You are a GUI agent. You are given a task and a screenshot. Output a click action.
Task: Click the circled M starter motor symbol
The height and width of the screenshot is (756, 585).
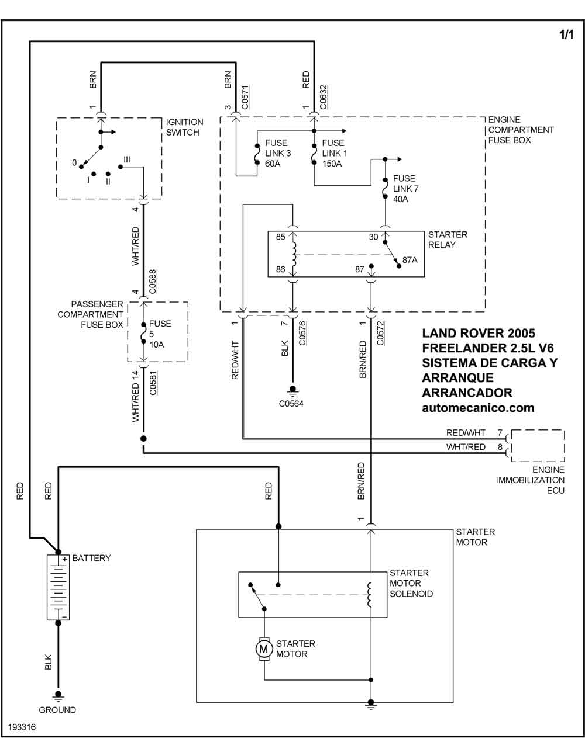coord(264,649)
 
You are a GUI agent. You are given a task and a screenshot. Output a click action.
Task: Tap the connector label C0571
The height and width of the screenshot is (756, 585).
coord(245,97)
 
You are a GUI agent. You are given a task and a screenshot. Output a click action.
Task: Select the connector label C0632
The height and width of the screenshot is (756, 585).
coord(323,97)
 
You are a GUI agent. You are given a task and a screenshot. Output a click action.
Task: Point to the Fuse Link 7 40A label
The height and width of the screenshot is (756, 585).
coord(405,189)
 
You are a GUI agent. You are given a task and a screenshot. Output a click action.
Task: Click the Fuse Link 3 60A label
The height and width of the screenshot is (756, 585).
coord(278,153)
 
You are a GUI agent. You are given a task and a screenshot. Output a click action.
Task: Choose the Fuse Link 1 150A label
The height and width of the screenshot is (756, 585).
coord(335,153)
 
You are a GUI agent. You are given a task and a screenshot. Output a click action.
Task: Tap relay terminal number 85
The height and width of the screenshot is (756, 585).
coord(280,237)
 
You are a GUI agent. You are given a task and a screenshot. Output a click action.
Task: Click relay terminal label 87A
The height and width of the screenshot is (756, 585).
coord(410,260)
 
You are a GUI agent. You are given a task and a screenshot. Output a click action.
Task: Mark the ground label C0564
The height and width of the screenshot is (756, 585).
coord(291,404)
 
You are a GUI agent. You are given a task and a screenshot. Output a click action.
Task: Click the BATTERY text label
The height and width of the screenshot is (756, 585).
coord(91,558)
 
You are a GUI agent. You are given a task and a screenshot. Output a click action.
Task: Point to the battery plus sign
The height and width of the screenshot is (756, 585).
coord(65,560)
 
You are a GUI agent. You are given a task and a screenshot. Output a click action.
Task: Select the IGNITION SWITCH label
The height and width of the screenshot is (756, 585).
coord(184,127)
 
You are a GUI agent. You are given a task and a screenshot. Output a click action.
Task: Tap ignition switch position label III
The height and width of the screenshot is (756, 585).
coord(127,159)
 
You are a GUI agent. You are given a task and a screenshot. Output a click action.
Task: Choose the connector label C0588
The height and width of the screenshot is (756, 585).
coord(153,282)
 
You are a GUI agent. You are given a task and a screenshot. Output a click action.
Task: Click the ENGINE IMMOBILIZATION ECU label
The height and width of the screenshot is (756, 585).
coord(530,480)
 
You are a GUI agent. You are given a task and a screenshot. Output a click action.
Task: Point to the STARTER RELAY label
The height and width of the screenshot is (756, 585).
coord(448,240)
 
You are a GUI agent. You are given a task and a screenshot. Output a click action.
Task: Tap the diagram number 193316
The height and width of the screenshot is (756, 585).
coord(22,727)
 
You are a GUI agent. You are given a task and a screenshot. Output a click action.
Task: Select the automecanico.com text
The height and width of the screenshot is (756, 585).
coord(478,408)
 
